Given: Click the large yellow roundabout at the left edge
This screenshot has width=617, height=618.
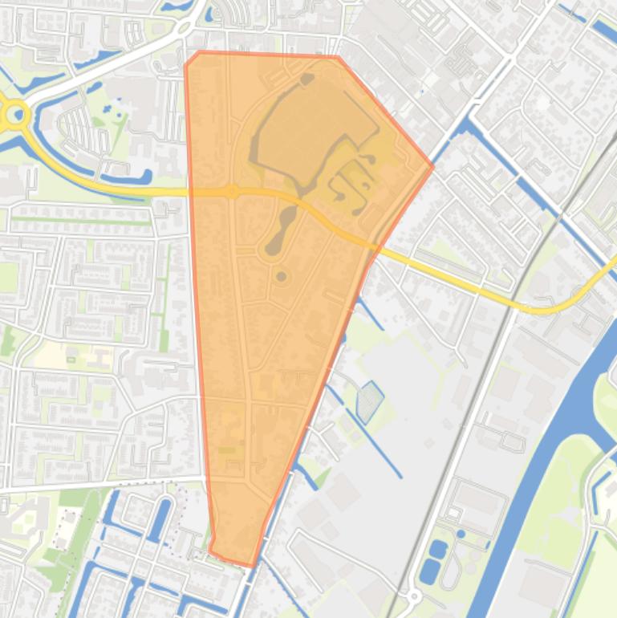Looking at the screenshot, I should [x=14, y=116].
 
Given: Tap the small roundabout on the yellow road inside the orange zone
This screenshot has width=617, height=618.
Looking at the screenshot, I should [x=233, y=191].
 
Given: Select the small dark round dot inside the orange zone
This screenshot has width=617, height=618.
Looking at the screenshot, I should [x=281, y=277].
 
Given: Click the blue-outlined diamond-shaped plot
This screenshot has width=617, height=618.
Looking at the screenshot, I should [x=369, y=401].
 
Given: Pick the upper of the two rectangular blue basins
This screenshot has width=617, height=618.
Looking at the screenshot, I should [x=438, y=551].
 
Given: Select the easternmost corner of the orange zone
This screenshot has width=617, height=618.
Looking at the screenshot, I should [x=432, y=167].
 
